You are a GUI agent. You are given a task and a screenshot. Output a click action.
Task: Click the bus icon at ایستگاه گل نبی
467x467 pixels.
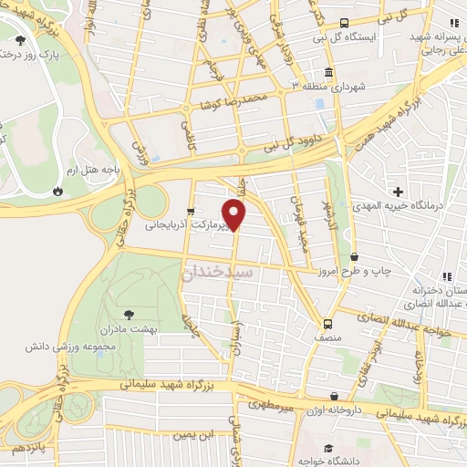(345, 24)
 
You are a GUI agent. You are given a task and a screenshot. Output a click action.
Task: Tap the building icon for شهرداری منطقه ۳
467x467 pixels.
(327, 71)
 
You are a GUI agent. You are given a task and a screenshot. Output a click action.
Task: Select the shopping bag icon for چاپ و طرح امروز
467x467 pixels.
(354, 257)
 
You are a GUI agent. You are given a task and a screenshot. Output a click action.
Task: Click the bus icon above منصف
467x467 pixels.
(327, 323)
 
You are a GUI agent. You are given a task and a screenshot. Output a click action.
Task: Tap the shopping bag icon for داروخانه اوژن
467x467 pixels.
(335, 396)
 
